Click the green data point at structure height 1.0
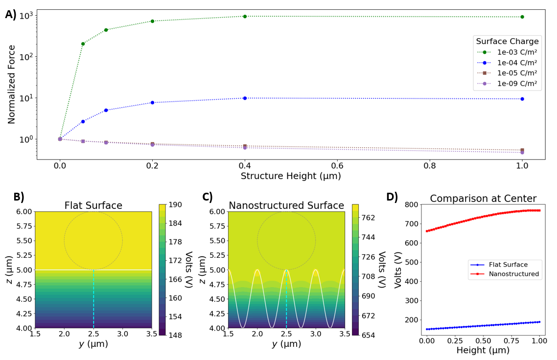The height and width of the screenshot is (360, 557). point(522,17)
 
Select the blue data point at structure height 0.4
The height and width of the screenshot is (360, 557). point(245,98)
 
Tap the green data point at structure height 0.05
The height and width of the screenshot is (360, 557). point(83,44)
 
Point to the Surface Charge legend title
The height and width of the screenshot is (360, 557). point(507,41)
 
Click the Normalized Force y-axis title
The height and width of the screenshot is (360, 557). point(11,84)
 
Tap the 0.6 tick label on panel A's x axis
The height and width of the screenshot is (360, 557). point(337,166)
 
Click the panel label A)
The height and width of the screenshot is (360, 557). point(11,15)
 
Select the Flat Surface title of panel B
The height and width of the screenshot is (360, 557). point(93,205)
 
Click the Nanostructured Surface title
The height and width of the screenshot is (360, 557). point(286,205)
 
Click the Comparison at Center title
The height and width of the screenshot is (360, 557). point(483,199)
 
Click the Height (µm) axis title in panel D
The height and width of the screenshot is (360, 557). point(483,350)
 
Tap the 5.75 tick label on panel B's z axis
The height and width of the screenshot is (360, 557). point(22,226)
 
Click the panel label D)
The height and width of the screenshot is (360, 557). point(392,197)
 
